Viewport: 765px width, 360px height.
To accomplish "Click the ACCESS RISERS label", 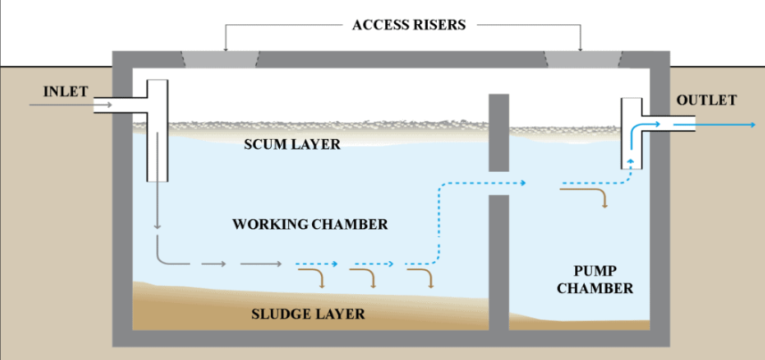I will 402,25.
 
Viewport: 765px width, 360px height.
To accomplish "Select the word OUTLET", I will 706,100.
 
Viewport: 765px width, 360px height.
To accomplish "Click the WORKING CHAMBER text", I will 310,225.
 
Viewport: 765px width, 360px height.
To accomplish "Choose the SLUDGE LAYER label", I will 308,314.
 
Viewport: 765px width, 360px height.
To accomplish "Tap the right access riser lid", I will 582,58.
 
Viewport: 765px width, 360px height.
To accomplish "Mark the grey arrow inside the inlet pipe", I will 71,106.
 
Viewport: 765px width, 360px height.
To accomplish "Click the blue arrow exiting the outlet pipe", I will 713,126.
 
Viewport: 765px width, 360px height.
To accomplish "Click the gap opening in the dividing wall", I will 499,184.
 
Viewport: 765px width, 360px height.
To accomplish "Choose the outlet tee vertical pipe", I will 631,134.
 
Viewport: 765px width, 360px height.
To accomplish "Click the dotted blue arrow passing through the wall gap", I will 481,184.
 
